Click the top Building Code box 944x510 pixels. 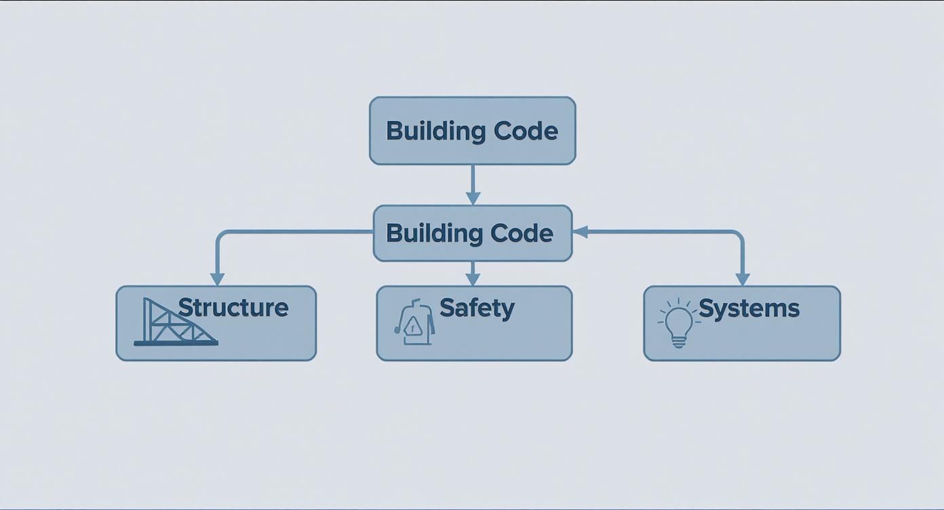pos(472,130)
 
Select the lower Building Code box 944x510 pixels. pos(472,233)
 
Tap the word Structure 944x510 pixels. pos(233,307)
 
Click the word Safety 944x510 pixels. pos(477,308)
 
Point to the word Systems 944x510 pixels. pos(749,308)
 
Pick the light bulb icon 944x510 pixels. pos(678,323)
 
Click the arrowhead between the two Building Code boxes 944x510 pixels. pos(473,198)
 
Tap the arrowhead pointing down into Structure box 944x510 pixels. pos(217,279)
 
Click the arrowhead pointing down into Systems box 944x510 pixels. pos(743,279)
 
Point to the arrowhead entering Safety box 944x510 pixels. pos(473,279)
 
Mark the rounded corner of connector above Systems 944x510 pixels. pos(739,235)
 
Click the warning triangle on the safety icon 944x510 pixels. pos(414,328)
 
